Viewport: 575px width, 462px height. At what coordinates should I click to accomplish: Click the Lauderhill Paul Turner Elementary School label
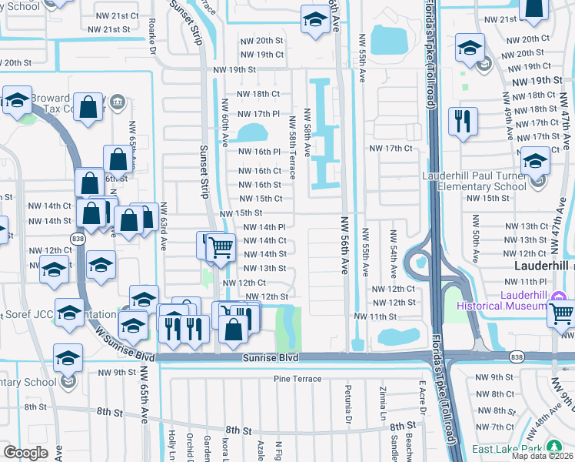tap(474, 181)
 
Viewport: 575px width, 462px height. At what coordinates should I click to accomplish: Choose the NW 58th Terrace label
tap(293, 150)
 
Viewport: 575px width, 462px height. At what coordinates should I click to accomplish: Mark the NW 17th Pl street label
tap(256, 114)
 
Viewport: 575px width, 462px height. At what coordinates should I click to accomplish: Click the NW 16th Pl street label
tap(257, 152)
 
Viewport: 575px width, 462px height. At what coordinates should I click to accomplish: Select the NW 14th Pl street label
tap(264, 227)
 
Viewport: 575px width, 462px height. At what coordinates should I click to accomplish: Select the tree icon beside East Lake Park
tap(553, 448)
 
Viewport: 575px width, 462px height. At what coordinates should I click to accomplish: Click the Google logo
tap(26, 452)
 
